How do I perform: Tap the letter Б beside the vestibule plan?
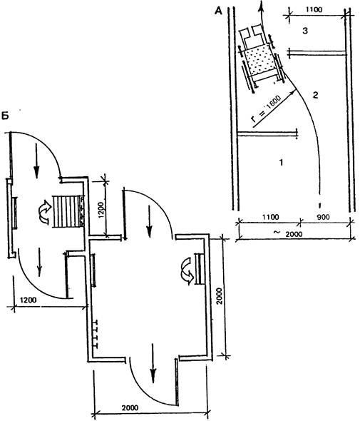coord(5,116)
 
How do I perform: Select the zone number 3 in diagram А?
coord(305,31)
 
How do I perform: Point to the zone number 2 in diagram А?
coord(316,95)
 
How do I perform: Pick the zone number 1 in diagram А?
coord(281,162)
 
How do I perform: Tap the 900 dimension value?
coord(323,217)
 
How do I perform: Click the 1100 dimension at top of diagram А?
coord(314,10)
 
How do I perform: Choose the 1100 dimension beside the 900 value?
coord(271,217)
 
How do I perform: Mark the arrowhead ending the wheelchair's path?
coord(260,7)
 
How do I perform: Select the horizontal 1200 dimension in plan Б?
coord(29,300)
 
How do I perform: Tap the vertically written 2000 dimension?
coord(219,296)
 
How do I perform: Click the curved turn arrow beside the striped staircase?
coord(45,212)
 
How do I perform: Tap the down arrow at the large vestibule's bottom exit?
coord(153,363)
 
